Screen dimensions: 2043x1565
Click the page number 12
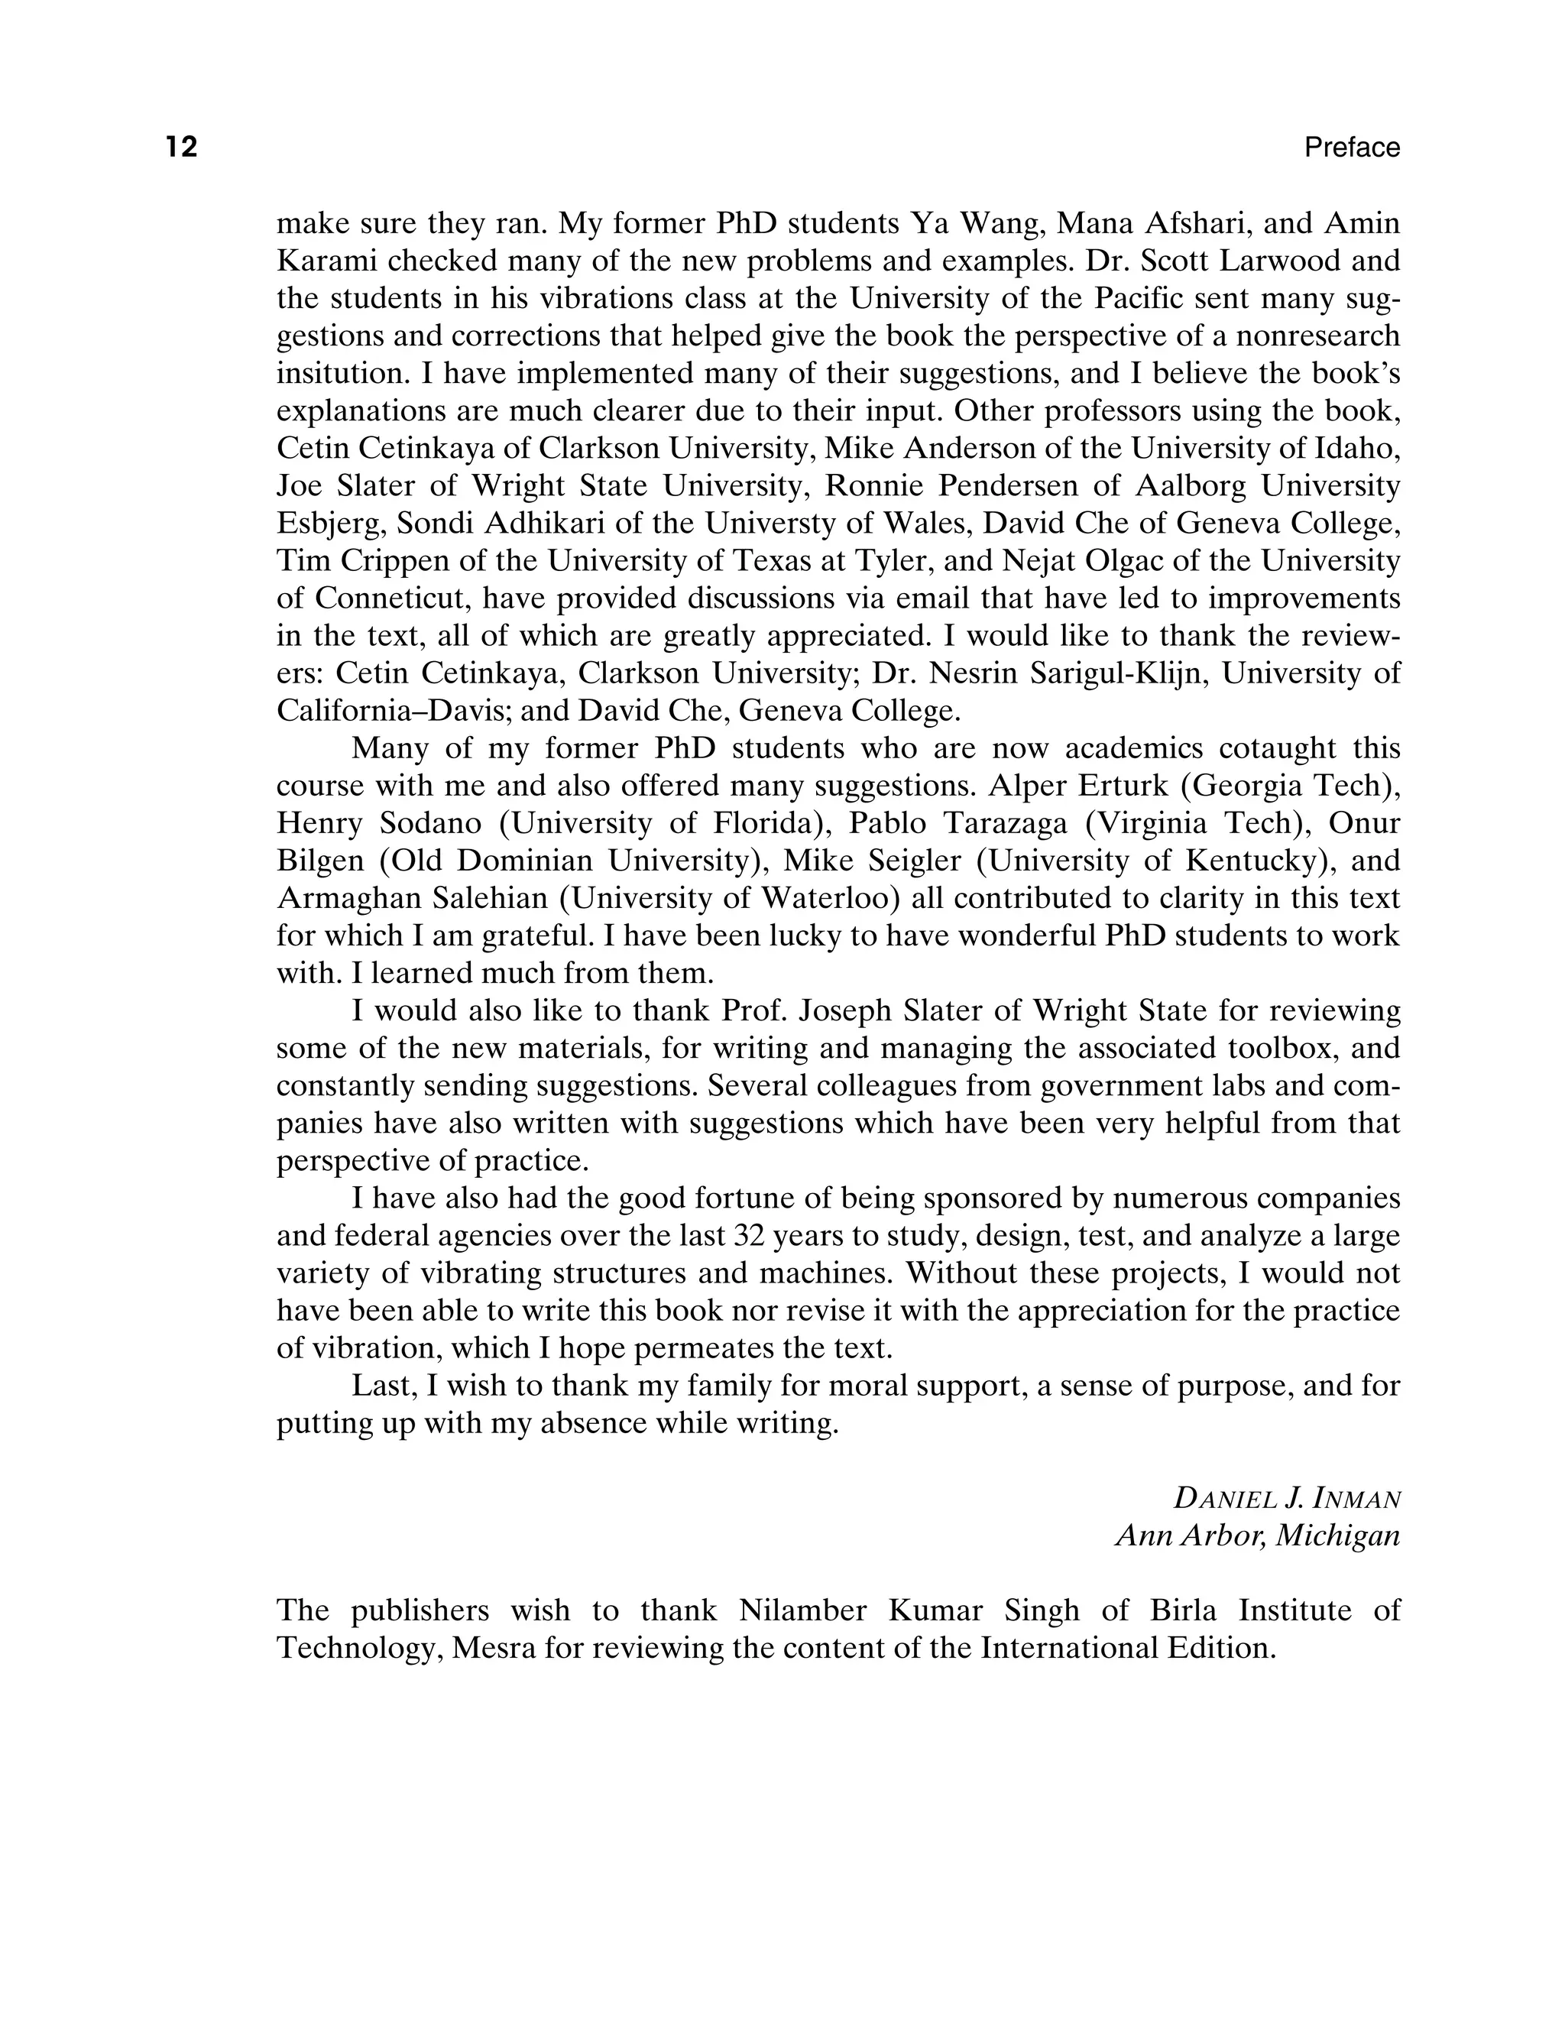pos(182,148)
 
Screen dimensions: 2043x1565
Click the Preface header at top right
pos(1352,148)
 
